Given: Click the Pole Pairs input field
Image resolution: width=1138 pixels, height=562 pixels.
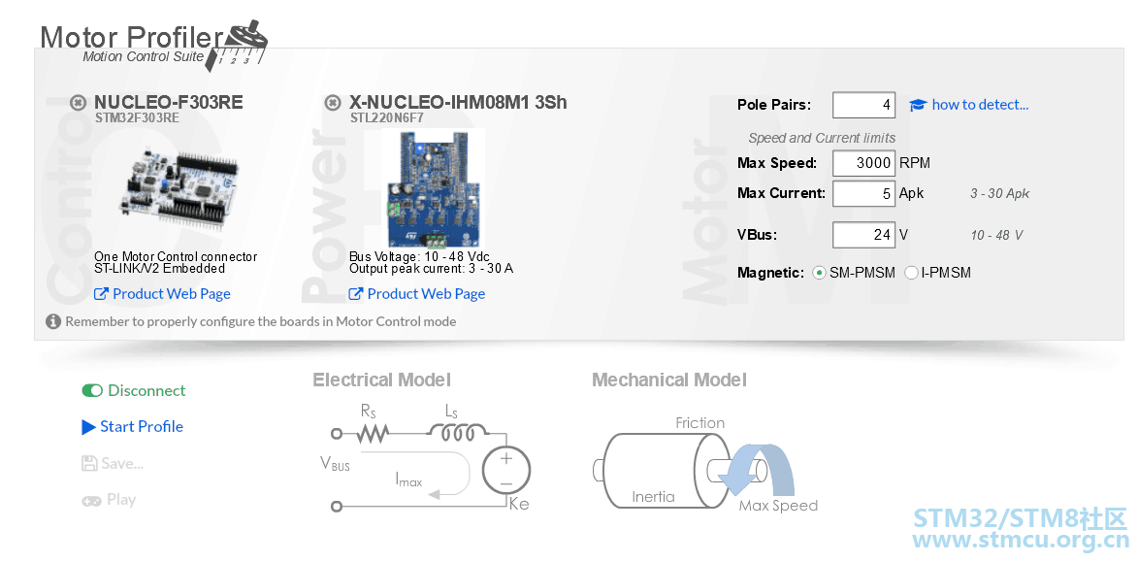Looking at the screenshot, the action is click(x=863, y=105).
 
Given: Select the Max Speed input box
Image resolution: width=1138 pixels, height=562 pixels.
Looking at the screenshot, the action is click(x=863, y=163).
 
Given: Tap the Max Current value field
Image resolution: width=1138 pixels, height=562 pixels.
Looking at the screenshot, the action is click(x=863, y=193).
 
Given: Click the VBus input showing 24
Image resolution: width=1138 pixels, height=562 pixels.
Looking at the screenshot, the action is click(x=863, y=235).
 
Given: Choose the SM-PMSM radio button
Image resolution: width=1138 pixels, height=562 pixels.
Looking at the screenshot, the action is click(x=820, y=273).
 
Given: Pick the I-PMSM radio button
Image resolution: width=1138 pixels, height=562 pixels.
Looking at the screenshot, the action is click(x=911, y=273).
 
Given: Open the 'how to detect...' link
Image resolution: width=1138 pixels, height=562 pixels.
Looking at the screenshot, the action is click(x=980, y=105).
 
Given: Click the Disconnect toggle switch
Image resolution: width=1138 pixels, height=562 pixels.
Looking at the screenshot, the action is click(x=92, y=390).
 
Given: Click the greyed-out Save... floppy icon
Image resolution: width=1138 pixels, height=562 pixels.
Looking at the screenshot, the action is click(x=89, y=463).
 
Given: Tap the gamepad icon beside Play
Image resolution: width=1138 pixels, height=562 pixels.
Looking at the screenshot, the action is click(x=91, y=500).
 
